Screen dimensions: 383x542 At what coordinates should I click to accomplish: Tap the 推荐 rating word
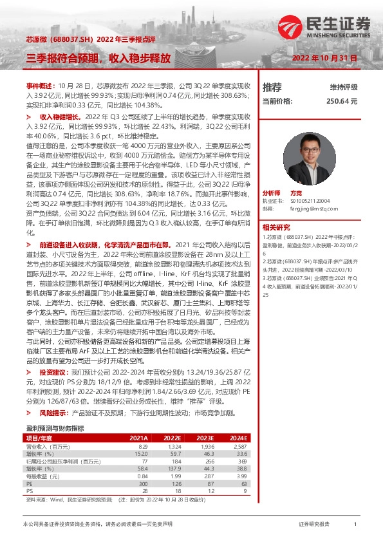[273, 88]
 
